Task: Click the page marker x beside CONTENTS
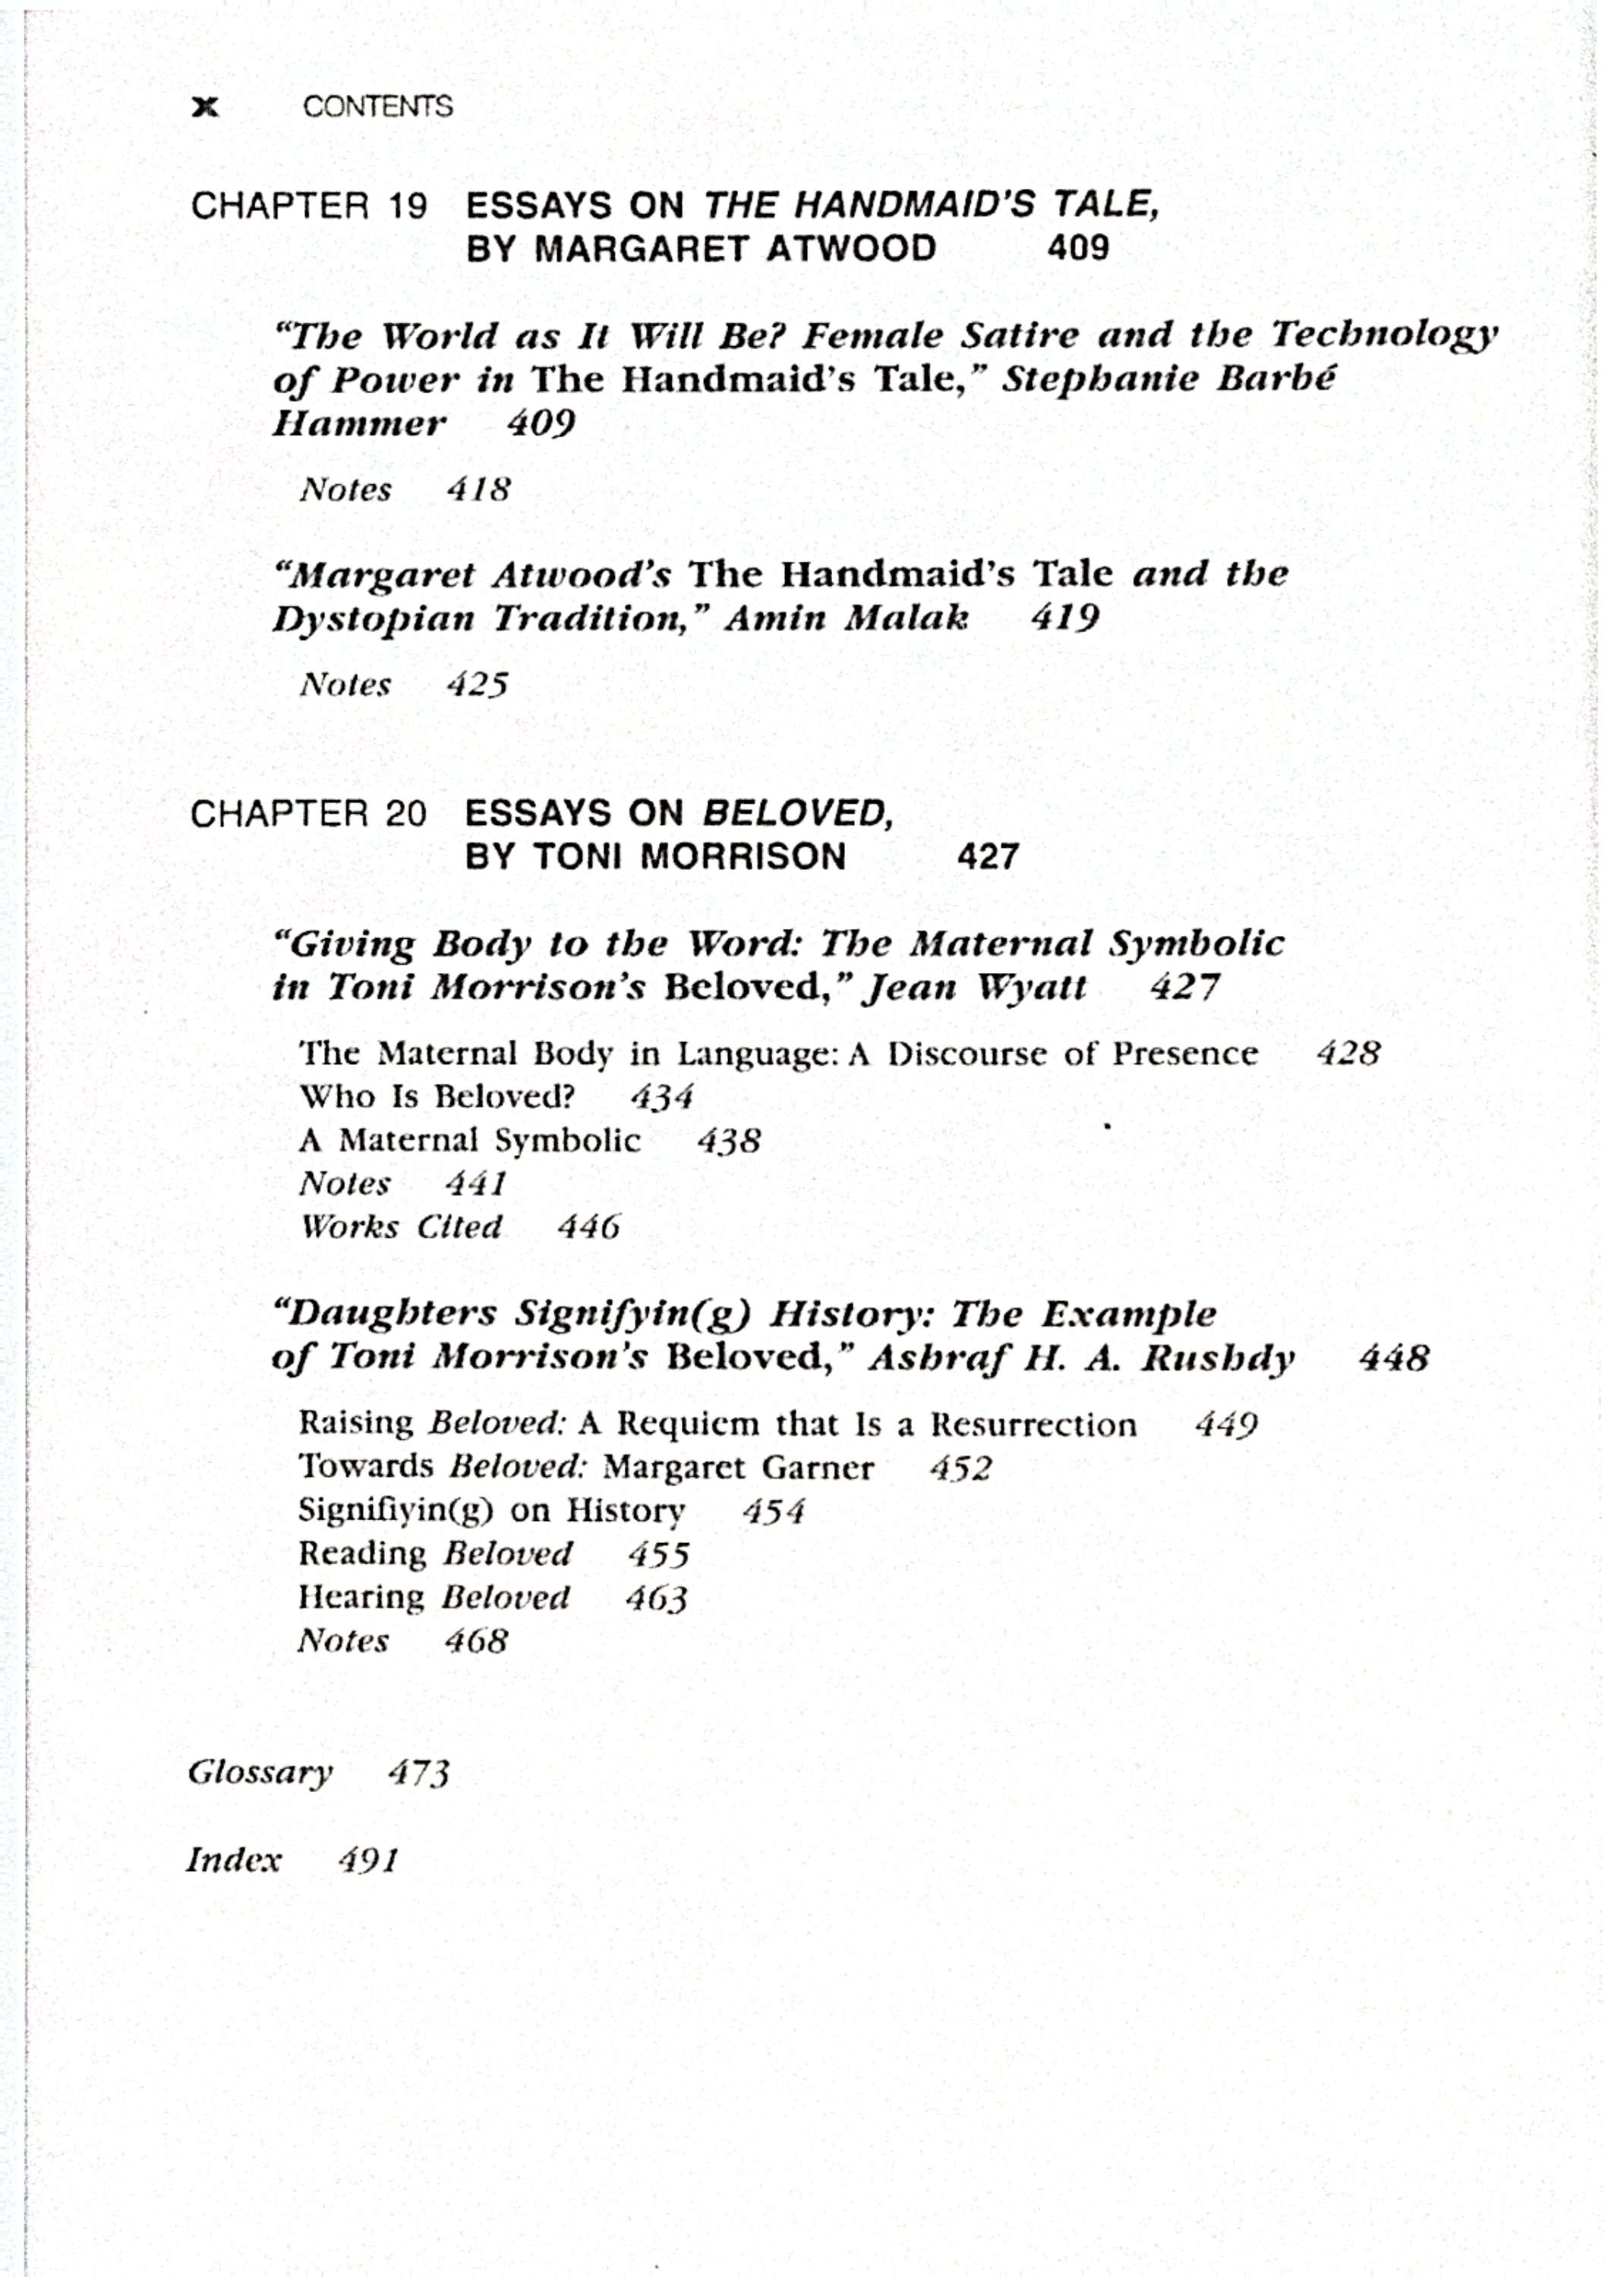(205, 107)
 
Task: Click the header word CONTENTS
(378, 107)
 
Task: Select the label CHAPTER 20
(308, 814)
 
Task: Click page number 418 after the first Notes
(478, 489)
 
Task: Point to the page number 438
(728, 1141)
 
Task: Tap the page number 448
(1394, 1358)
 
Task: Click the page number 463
(656, 1598)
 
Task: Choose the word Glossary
(260, 1772)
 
